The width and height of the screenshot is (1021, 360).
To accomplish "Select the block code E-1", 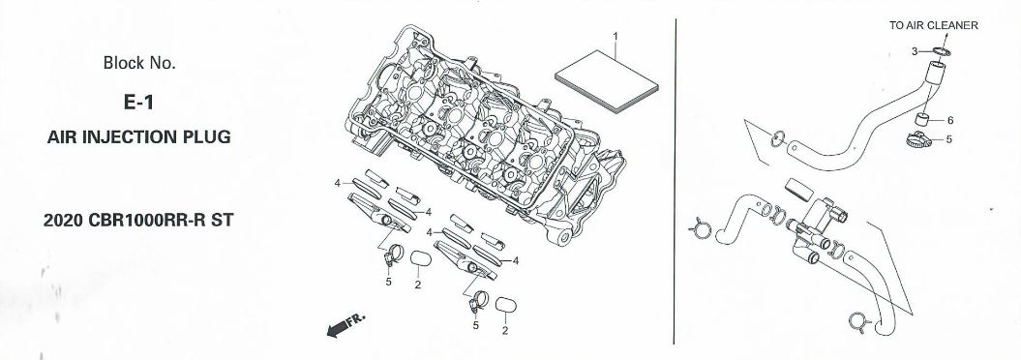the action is [x=138, y=103].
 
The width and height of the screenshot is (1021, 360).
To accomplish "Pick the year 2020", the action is [x=63, y=220].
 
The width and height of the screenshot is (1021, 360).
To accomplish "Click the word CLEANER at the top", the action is [x=952, y=26].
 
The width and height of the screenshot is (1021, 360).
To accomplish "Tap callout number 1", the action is [x=616, y=35].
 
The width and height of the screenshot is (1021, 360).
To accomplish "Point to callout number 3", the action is [x=915, y=50].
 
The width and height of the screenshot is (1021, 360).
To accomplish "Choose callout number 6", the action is [x=950, y=120].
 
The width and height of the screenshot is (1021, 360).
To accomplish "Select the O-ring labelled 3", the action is [x=937, y=51].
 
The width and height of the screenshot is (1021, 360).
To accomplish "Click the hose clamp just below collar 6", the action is [x=917, y=138].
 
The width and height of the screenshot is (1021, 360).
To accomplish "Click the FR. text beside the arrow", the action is [x=355, y=319].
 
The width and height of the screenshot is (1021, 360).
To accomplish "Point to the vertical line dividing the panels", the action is [x=676, y=181].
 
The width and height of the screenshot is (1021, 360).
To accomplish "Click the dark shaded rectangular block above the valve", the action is [x=799, y=189].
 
